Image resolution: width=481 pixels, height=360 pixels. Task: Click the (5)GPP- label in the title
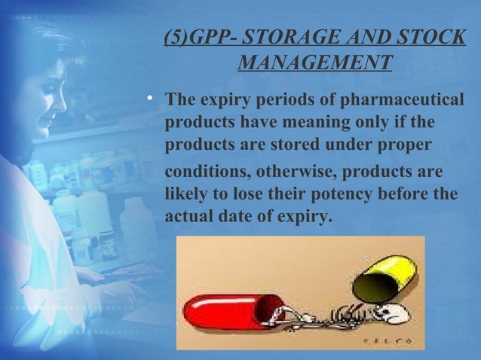point(192,37)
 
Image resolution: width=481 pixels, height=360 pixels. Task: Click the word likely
point(187,193)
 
